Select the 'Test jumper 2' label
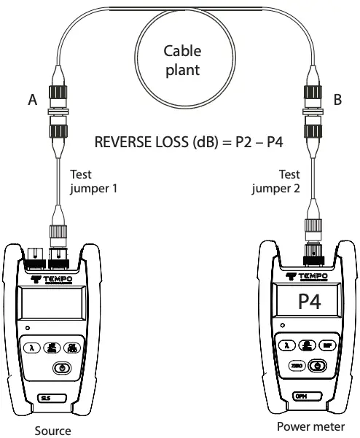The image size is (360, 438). (x=271, y=181)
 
